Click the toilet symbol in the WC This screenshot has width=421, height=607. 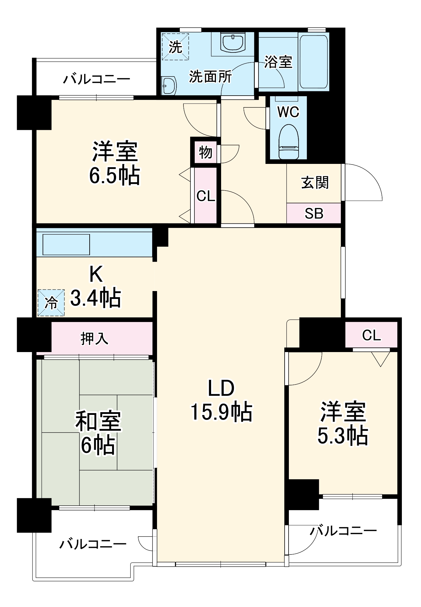coord(289,141)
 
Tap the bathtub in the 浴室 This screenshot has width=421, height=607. coord(314,62)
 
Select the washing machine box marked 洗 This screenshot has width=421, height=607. coord(175,46)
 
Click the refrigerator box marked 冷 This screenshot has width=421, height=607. coord(51,303)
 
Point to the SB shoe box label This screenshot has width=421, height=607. coord(314,214)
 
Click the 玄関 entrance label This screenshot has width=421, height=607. coord(315,183)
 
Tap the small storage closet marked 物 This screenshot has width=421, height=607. coord(206,152)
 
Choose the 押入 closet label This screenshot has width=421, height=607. coord(94,338)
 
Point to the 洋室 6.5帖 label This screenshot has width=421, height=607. coord(115,163)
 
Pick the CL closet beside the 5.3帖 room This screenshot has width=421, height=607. coord(371,335)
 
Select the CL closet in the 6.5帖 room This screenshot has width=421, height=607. coord(206,196)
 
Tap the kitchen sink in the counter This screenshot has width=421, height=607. coord(66,244)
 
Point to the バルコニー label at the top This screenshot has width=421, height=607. coord(97,79)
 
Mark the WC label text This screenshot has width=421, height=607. coord(288,112)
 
